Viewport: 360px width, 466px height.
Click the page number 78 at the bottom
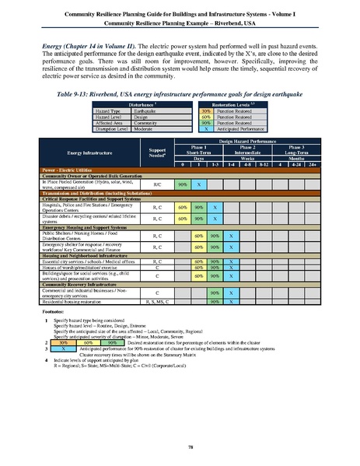point(180,445)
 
